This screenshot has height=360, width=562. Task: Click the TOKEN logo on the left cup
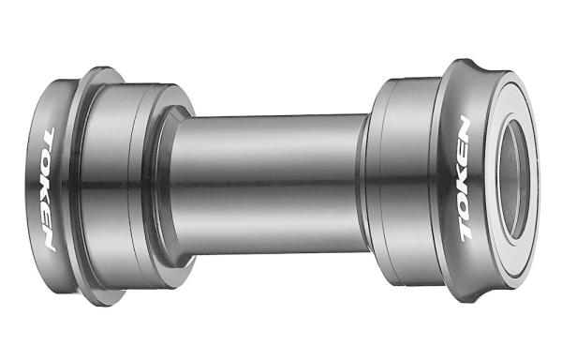point(50,189)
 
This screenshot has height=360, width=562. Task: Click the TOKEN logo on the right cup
point(465,178)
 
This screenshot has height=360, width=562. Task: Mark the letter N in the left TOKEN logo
point(50,238)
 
